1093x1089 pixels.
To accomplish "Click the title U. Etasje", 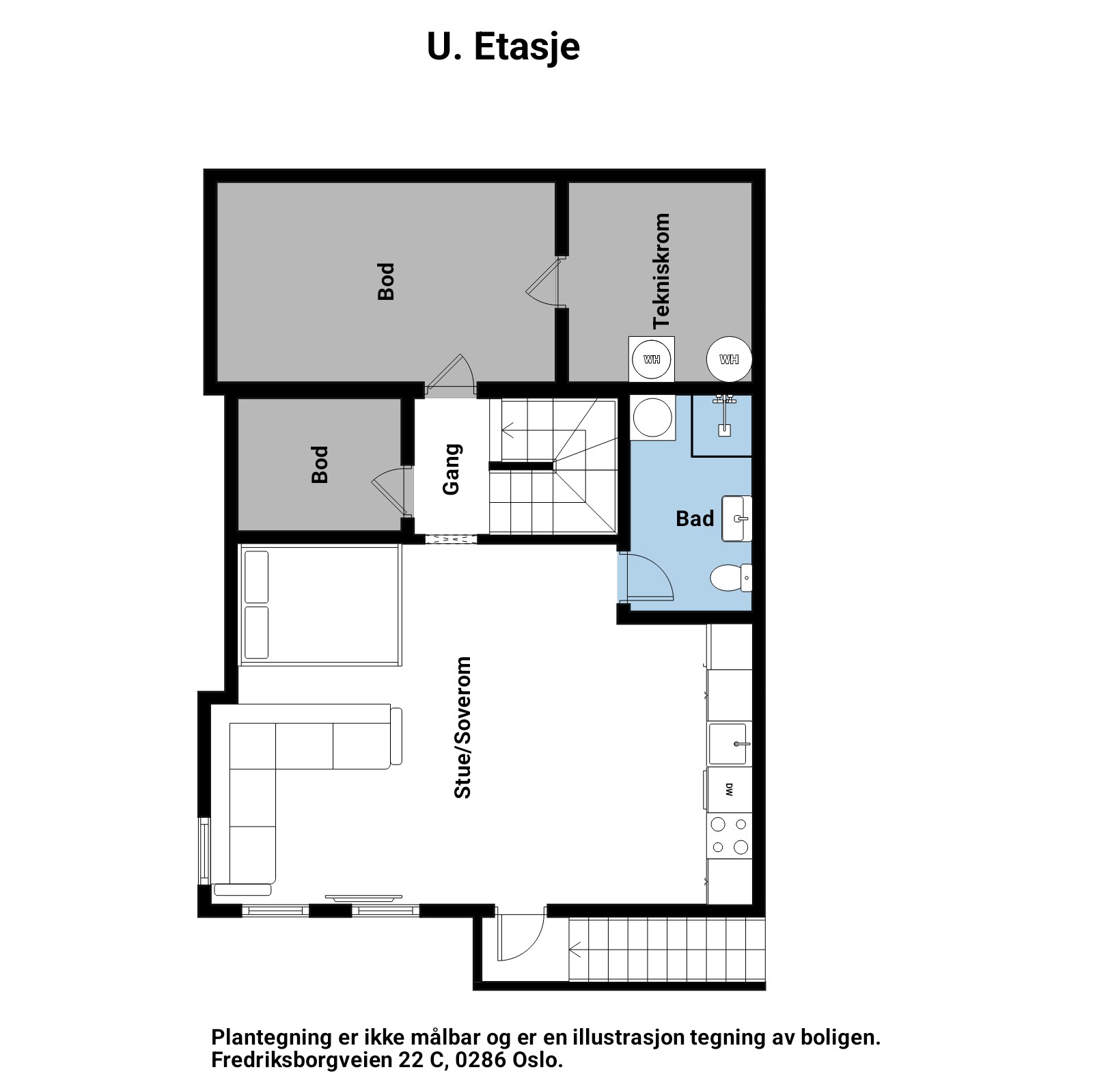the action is click(x=503, y=47).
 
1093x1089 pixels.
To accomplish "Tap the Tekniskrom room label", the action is click(x=661, y=271).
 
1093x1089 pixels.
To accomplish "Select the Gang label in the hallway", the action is click(x=452, y=469).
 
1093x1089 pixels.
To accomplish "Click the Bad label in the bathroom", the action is click(x=695, y=519).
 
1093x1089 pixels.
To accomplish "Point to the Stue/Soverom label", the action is click(x=462, y=728).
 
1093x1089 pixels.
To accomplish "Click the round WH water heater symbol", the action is click(x=729, y=359).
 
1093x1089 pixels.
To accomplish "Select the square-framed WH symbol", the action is click(x=652, y=359).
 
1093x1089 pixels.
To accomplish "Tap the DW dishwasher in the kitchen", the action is click(x=730, y=790).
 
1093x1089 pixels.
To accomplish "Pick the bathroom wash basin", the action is click(x=737, y=519).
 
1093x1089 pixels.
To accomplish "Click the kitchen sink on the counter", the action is click(x=730, y=743).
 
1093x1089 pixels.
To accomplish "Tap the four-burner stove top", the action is click(x=730, y=836).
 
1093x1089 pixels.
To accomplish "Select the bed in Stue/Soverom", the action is click(x=320, y=605).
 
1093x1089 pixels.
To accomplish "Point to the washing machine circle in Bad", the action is click(x=652, y=417).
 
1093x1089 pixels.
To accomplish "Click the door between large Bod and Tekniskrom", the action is click(x=544, y=281).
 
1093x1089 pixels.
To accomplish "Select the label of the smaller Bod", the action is click(x=320, y=465).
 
